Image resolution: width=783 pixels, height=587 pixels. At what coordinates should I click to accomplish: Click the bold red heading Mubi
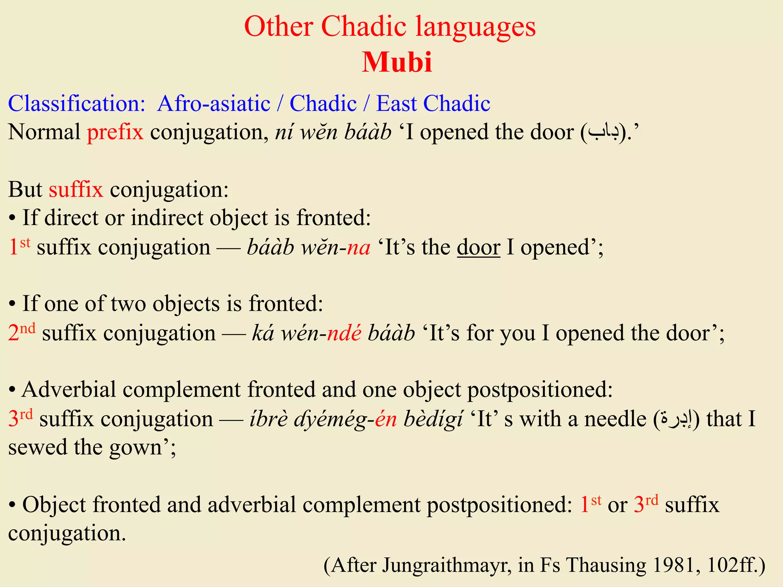(397, 62)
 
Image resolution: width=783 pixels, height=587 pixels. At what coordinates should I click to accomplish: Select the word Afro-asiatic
(214, 104)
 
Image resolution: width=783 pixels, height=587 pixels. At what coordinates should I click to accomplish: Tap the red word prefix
(115, 132)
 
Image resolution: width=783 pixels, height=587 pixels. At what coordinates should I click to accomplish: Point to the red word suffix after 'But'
(76, 190)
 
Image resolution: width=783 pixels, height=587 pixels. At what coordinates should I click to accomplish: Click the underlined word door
(478, 247)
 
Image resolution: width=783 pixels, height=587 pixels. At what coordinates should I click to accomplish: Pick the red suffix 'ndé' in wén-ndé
(344, 333)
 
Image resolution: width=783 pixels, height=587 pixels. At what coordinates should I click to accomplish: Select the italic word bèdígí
(433, 419)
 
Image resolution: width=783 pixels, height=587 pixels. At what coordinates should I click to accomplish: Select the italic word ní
(283, 132)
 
